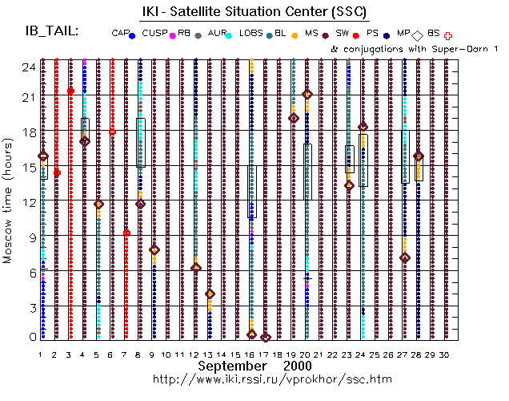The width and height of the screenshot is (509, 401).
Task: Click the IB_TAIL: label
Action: coord(52,31)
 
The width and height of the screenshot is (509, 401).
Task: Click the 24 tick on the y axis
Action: coord(27,67)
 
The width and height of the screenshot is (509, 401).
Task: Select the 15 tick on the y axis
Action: coord(27,167)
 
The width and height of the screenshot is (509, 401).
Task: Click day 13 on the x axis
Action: coord(209,354)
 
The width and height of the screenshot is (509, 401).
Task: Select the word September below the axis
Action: coord(232,365)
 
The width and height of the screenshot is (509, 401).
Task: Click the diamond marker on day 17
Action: coord(266,338)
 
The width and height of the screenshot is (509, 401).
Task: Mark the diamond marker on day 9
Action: coord(154,250)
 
